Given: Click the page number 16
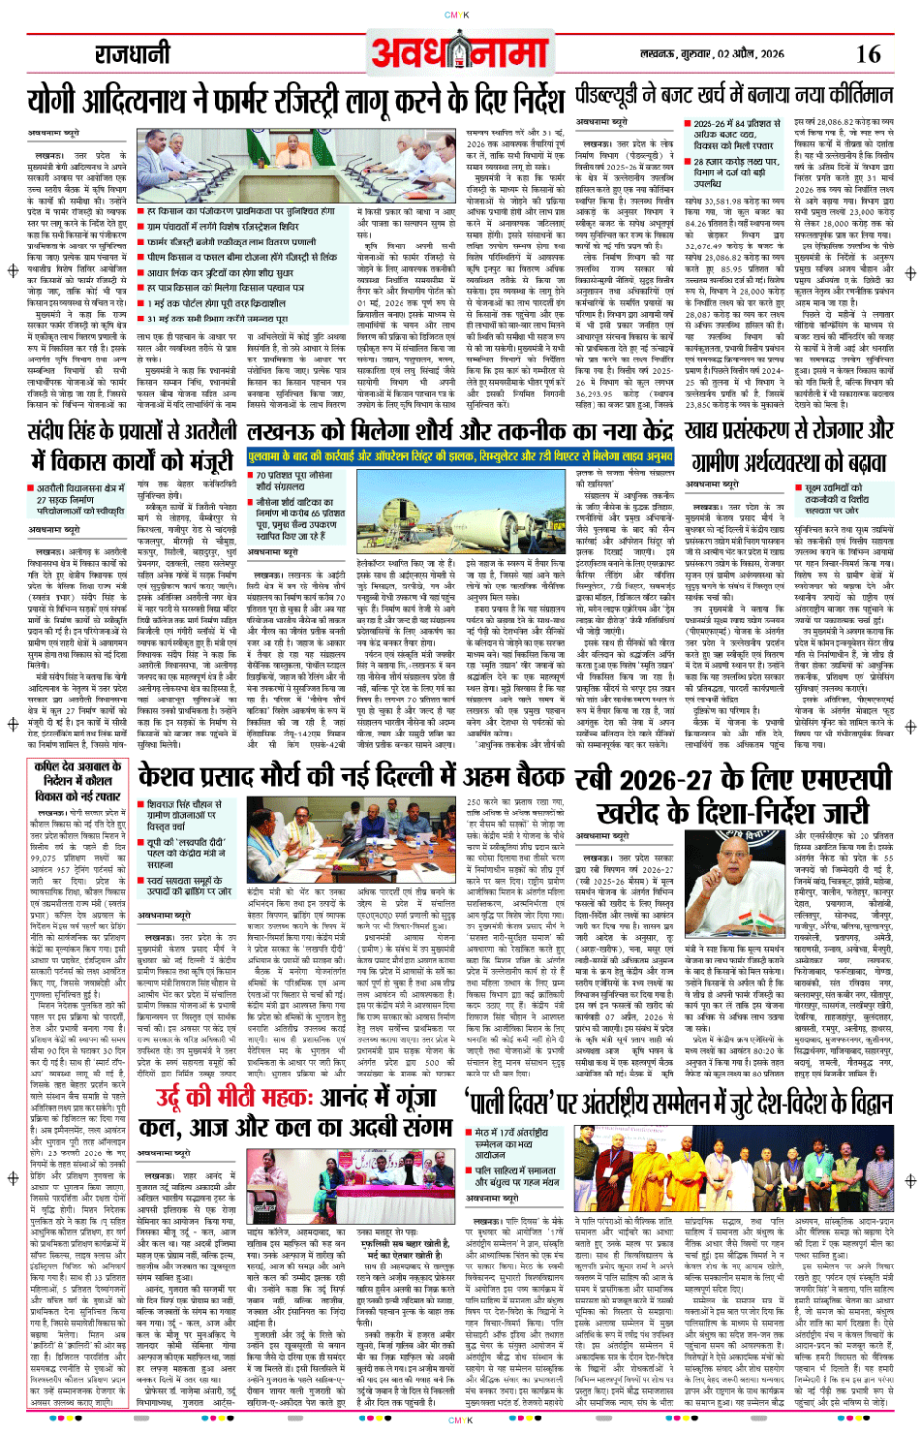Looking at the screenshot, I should coord(867,55).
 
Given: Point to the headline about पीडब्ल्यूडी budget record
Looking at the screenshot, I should coord(733,95).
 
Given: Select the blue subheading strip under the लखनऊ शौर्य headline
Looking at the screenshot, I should coord(460,455).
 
